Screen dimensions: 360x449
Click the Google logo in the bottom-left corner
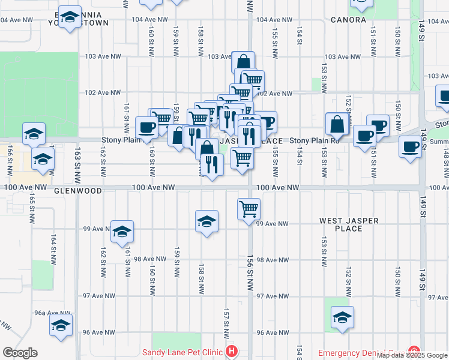click(20, 353)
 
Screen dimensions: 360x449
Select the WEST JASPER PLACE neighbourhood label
click(349, 225)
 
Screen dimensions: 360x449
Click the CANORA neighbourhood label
click(348, 20)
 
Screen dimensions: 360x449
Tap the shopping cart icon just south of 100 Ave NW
click(249, 209)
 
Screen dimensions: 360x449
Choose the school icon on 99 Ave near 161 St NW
click(122, 232)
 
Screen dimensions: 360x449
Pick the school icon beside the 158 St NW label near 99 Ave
click(206, 221)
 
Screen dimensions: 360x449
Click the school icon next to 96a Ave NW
click(61, 325)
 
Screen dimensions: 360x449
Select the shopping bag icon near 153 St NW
click(337, 124)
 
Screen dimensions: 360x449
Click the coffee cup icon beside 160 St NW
click(146, 127)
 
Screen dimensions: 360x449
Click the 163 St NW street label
click(77, 167)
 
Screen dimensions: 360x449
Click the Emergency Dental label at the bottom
click(360, 353)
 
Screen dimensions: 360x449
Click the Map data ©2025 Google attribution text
click(412, 356)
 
